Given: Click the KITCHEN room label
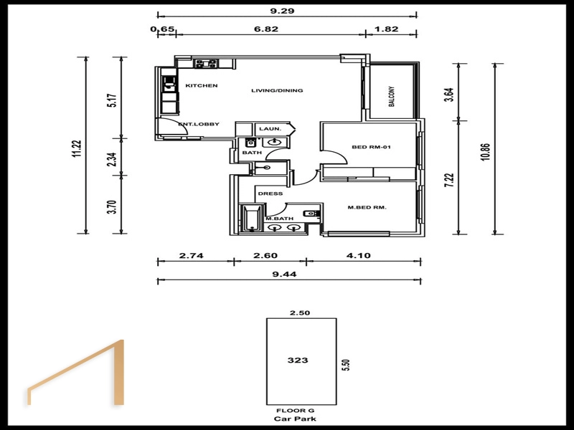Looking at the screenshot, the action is tap(202, 85).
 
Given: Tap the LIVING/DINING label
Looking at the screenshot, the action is tap(277, 90).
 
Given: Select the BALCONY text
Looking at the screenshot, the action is tap(392, 97).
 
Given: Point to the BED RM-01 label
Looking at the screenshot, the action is tap(371, 147).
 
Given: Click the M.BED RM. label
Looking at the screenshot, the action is tap(367, 207).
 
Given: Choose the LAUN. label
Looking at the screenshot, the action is tap(270, 129).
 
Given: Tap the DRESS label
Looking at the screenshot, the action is tap(270, 193).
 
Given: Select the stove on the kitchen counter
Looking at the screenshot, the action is tap(206, 64).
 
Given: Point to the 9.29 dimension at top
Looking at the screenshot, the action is tap(282, 11).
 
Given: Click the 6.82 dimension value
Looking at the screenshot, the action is tap(266, 29).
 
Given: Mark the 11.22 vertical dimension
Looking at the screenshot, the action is tap(77, 149).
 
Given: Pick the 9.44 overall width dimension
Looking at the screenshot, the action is tap(284, 274).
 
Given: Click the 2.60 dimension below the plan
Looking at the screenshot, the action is tap(265, 255).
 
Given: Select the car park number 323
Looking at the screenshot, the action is tap(298, 360).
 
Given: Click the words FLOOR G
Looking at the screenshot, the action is tap(295, 411).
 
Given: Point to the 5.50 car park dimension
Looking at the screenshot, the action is tap(346, 365).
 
